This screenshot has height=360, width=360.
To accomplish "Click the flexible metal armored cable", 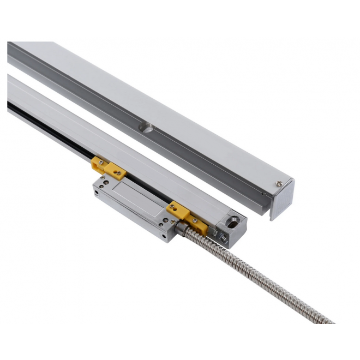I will point(262,272).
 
